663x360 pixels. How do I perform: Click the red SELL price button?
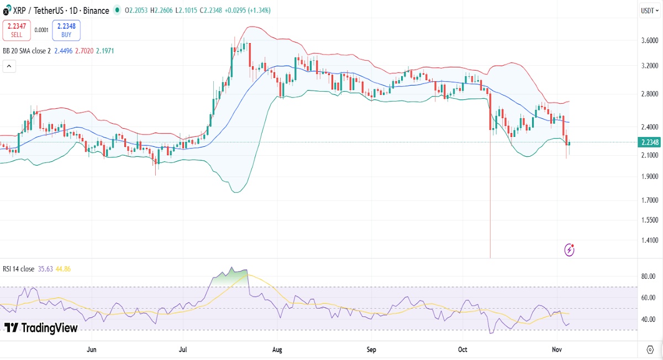tap(17, 30)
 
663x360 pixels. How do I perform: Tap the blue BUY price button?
tap(66, 30)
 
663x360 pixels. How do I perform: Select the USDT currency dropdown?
tap(647, 10)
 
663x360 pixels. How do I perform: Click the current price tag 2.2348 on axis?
tap(648, 142)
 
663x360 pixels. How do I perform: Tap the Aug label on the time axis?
tap(277, 350)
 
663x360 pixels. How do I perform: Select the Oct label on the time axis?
tap(463, 350)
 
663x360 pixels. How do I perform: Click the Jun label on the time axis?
tap(92, 350)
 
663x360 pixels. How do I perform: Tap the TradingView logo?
tap(41, 328)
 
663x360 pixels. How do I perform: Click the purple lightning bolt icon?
tap(569, 250)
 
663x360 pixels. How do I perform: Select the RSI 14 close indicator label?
tap(19, 269)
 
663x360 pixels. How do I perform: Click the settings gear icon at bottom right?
tap(650, 350)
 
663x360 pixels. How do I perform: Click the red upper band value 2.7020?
tap(82, 51)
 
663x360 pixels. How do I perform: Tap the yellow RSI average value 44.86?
tap(61, 269)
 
